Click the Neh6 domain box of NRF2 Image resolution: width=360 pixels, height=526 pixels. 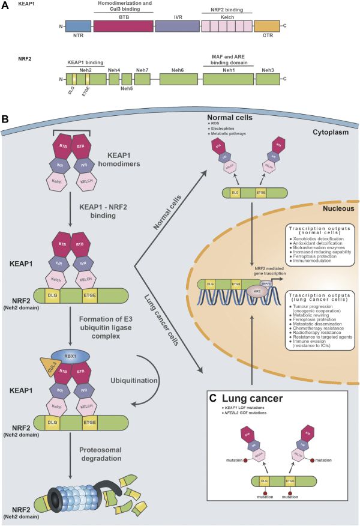(x=178, y=79)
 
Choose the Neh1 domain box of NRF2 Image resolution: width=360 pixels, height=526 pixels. (x=226, y=79)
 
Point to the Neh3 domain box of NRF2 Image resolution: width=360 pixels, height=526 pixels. (x=268, y=79)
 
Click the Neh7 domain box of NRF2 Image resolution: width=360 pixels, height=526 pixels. (x=142, y=79)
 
